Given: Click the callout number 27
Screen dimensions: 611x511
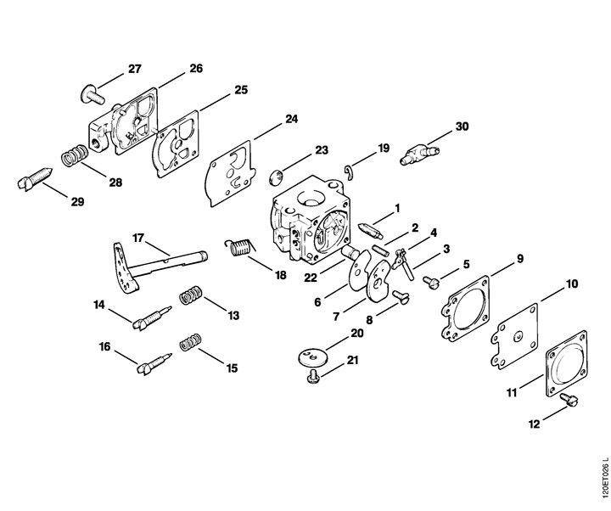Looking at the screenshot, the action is coord(134,69).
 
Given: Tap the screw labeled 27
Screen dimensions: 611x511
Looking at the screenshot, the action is coord(92,94).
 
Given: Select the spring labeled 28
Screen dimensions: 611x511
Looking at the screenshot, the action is coord(75,155).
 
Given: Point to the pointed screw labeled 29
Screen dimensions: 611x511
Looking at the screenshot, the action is coord(35,178).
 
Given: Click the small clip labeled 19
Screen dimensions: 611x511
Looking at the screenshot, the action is coord(349,172).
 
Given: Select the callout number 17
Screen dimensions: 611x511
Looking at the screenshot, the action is coord(138,238).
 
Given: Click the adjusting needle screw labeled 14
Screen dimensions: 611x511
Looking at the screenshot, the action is coord(151,317).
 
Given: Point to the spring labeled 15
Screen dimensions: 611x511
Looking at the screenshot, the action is coord(191,341).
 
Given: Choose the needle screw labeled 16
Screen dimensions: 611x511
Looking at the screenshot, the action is coord(154,363).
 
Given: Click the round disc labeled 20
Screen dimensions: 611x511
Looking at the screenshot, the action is coord(313,357).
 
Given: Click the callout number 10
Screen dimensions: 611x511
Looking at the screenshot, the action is coord(571,284).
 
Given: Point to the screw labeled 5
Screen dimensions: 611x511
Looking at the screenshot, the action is coord(431,282).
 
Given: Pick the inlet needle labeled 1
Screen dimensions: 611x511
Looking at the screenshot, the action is coord(370,231).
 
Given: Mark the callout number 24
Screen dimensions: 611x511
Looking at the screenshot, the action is coord(291,119).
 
